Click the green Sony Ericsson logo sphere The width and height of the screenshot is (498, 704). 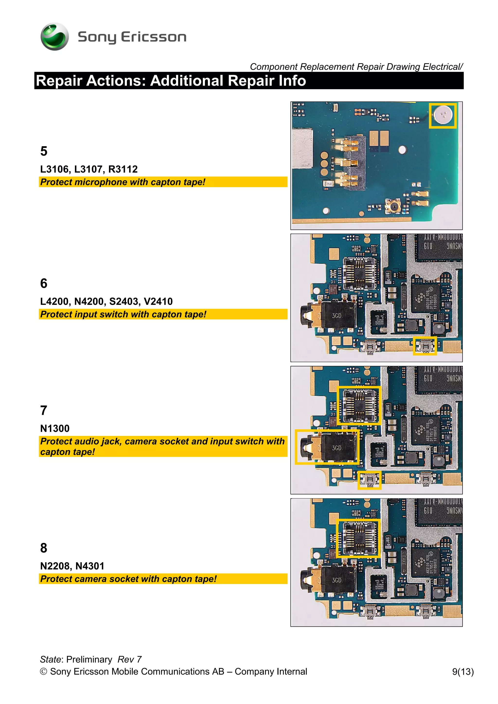55,36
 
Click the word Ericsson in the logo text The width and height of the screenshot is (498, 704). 153,37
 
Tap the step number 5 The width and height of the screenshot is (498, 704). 44,151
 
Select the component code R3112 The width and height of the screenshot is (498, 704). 123,169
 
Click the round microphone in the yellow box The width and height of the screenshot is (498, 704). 443,115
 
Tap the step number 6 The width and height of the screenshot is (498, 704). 44,283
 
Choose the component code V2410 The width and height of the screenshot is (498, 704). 158,301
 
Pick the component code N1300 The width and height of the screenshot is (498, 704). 55,428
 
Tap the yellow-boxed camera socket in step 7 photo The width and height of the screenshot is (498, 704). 359,405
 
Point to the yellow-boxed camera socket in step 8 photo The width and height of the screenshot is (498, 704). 358,538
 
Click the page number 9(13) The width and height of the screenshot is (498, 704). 463,671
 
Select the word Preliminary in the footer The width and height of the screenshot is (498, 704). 89,659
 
